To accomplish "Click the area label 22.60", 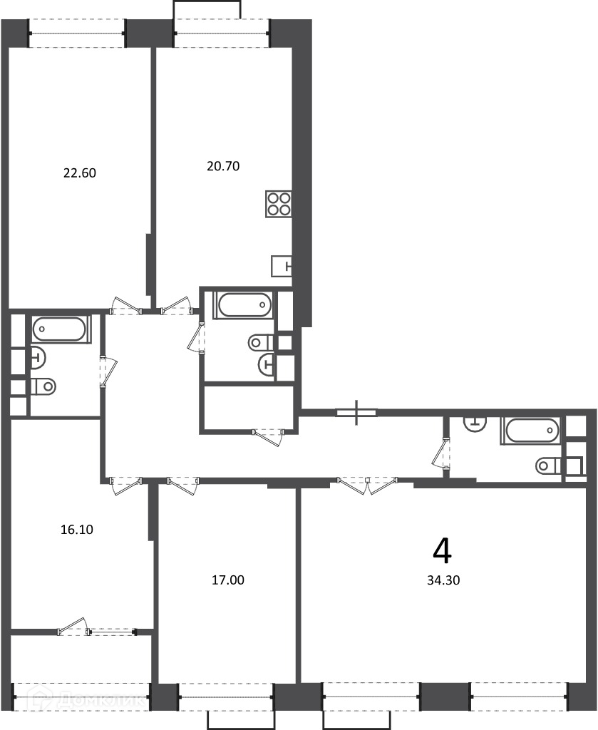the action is tap(80, 173).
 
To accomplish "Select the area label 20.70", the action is tap(223, 166).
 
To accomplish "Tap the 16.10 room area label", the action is tap(77, 530).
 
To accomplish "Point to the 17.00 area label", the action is tap(227, 580).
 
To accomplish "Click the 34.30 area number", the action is tap(443, 580).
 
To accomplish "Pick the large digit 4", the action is tap(442, 551).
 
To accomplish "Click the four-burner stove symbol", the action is tap(279, 204).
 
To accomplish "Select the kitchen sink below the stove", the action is tap(282, 267).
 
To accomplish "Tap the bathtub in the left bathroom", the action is tap(59, 329).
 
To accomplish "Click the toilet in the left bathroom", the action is tap(43, 386).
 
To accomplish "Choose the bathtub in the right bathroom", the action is tap(530, 431).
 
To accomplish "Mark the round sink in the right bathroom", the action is tap(475, 423).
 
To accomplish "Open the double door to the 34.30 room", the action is tap(368, 485).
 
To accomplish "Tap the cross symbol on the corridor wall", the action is tap(356, 413).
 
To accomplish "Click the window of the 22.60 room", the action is tap(78, 33).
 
